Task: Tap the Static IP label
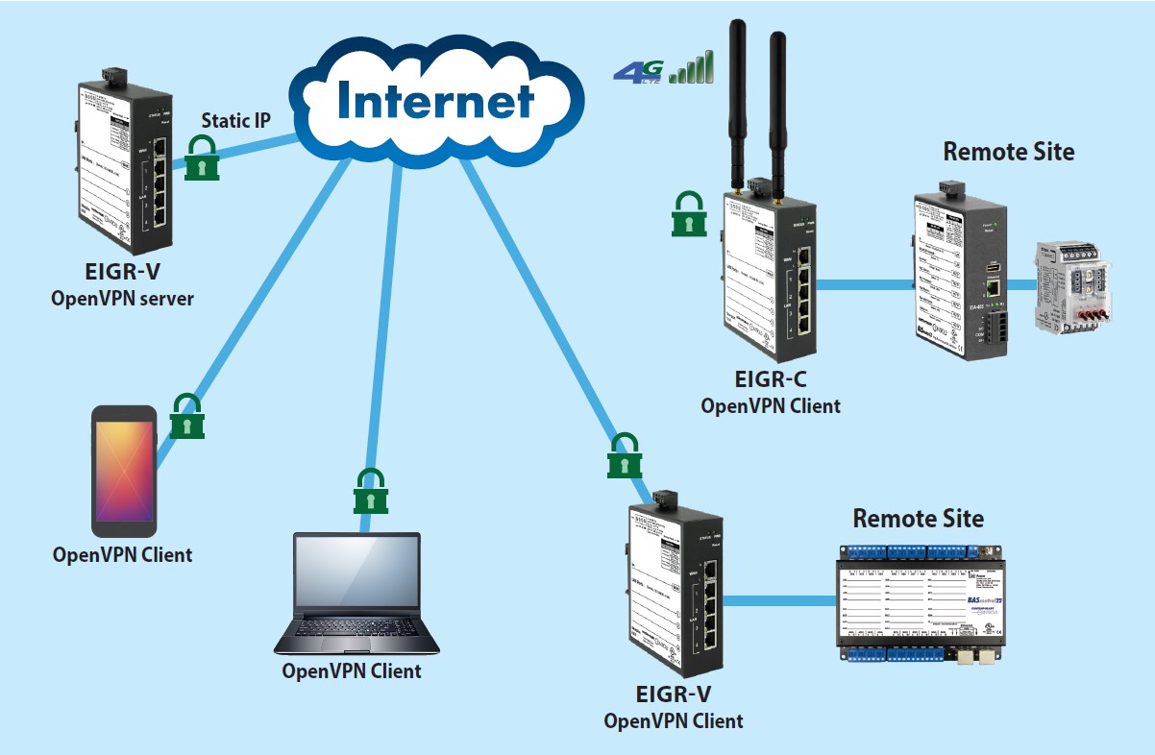[x=235, y=121]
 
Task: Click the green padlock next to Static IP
[x=203, y=158]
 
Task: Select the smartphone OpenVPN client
[x=124, y=471]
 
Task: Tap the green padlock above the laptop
[x=369, y=492]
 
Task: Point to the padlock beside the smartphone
[x=186, y=416]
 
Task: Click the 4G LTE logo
[x=636, y=72]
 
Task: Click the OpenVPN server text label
[x=122, y=299]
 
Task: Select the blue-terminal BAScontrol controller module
[x=920, y=602]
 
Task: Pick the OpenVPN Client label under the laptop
[x=352, y=670]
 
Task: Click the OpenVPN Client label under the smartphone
[x=122, y=554]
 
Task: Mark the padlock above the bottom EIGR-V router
[x=625, y=455]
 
